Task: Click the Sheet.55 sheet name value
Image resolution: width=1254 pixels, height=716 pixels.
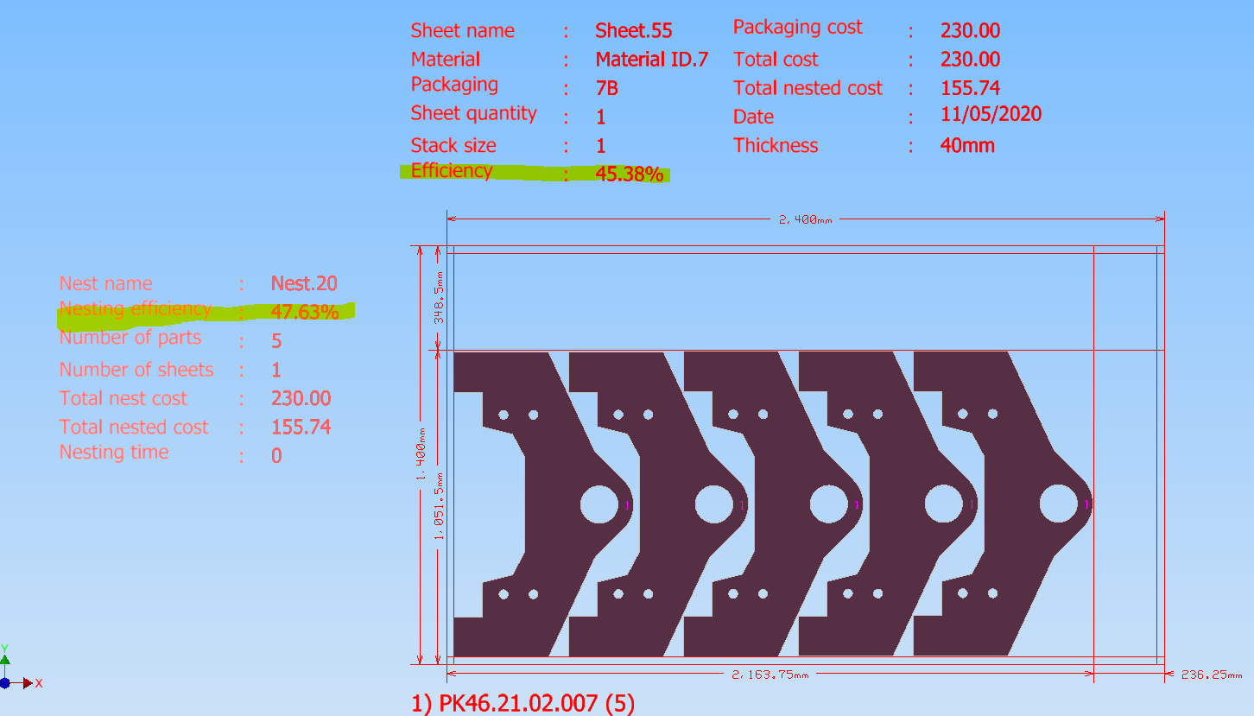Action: pyautogui.click(x=633, y=30)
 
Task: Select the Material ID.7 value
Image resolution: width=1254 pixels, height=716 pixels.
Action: pyautogui.click(x=652, y=60)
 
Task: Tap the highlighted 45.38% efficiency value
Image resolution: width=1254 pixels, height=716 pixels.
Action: pyautogui.click(x=630, y=174)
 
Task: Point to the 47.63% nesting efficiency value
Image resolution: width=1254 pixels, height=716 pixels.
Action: pyautogui.click(x=305, y=312)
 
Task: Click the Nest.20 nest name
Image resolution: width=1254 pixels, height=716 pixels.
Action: pyautogui.click(x=304, y=283)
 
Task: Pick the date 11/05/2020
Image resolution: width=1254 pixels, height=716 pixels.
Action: pyautogui.click(x=991, y=114)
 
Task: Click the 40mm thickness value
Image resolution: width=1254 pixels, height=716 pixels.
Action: pyautogui.click(x=967, y=146)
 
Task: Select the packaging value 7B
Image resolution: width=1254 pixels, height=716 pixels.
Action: pyautogui.click(x=607, y=88)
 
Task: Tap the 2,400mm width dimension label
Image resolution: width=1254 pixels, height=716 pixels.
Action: pyautogui.click(x=805, y=220)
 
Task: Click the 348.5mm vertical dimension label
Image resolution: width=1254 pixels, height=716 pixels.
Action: pyautogui.click(x=439, y=297)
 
